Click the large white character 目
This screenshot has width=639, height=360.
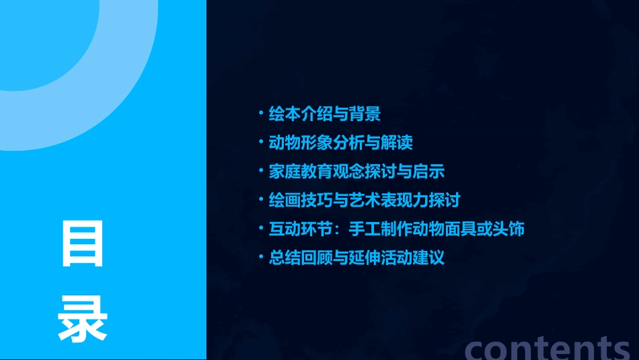click(83, 243)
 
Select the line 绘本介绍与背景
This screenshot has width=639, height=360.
click(324, 114)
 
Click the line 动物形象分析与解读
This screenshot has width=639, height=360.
click(340, 143)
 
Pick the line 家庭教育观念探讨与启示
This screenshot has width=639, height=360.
click(356, 172)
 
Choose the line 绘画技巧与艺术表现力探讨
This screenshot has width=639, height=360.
click(364, 201)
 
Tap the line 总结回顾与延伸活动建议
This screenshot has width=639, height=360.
click(356, 258)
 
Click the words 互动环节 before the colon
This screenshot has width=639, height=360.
click(301, 229)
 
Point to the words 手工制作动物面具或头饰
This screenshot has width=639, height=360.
click(437, 229)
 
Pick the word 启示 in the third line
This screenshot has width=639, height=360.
click(428, 172)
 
